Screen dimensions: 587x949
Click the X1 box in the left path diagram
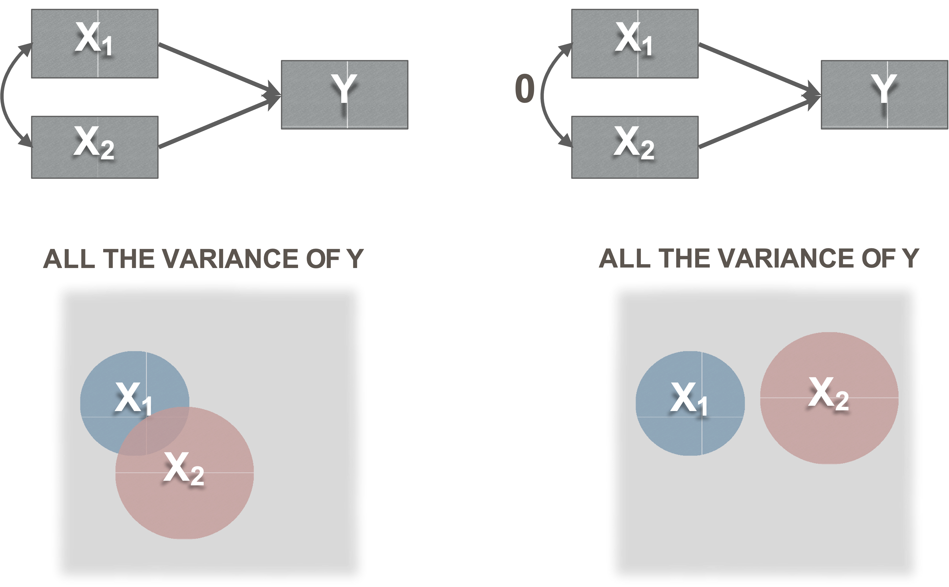[x=94, y=44]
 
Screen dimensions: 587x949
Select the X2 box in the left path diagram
[x=94, y=147]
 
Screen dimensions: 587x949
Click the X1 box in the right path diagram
[x=634, y=44]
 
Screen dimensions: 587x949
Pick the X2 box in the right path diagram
[x=634, y=147]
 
